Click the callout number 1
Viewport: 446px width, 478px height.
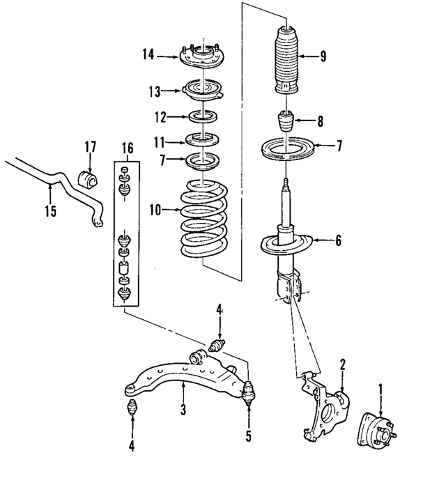point(380,387)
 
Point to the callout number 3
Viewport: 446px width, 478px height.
point(183,410)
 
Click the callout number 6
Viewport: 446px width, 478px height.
point(338,241)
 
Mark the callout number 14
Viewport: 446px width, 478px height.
point(147,53)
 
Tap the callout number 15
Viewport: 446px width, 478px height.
point(49,210)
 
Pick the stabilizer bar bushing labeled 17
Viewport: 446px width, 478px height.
point(89,178)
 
